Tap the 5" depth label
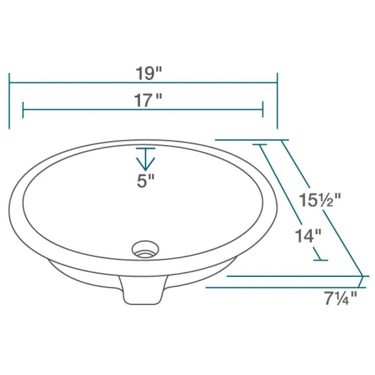click(x=145, y=182)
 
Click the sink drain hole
click(x=145, y=249)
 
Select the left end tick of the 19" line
click(x=9, y=100)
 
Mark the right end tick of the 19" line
click(x=277, y=100)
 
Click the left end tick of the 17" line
click(x=23, y=109)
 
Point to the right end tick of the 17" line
click(x=262, y=109)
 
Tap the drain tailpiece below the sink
click(x=143, y=291)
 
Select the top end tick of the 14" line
click(x=259, y=144)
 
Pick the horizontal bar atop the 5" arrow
click(x=145, y=149)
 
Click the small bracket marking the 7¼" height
click(x=362, y=282)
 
